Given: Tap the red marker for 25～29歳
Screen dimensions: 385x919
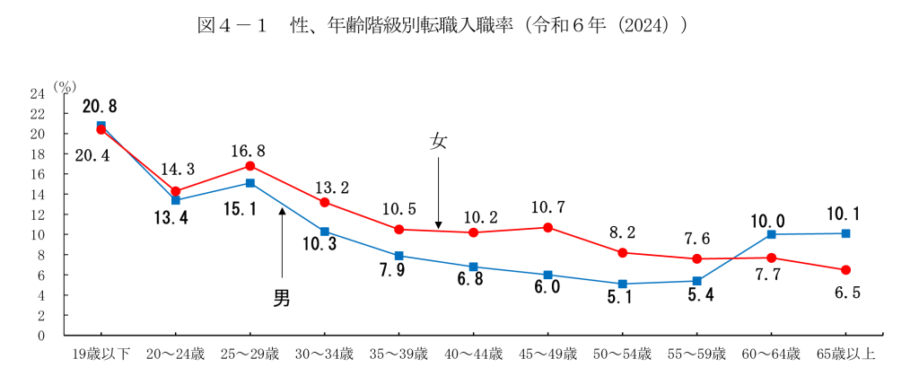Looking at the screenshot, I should coord(250,166).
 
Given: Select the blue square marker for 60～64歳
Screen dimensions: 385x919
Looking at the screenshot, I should coord(772,234).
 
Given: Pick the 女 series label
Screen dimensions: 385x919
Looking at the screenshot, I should coord(439,142).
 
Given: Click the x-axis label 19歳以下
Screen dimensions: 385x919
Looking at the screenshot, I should coord(101,354).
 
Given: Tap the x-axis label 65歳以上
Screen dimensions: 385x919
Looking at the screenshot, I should coord(846,354).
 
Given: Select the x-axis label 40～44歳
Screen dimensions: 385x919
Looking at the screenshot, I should coord(474,354).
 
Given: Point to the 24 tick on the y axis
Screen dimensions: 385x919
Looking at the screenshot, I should coord(38,93).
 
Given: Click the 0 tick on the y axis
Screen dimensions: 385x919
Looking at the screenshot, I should coord(41,336).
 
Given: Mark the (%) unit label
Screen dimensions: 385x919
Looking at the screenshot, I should coord(64,86).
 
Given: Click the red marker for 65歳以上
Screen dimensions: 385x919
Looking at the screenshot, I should coord(846,270).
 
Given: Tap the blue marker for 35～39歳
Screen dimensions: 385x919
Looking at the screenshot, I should coord(399,256).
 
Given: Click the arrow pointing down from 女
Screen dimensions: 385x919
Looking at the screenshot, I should coord(439,192).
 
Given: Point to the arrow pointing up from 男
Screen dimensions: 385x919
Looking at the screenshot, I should coord(282,242).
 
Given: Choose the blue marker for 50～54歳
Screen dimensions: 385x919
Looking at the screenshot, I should coord(623,284).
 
